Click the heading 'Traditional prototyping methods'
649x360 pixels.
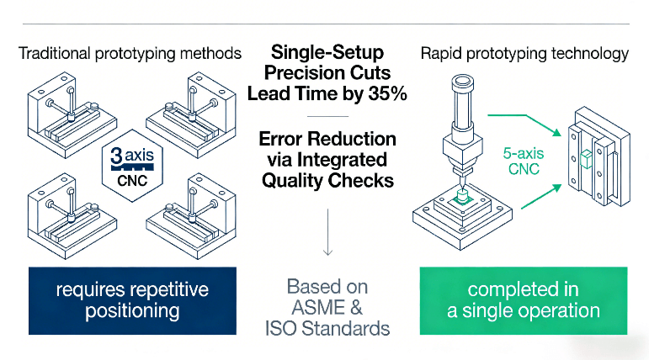(130, 54)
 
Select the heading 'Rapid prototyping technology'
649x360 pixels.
(524, 54)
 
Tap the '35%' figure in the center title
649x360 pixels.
(386, 94)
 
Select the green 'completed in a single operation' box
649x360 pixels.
(524, 300)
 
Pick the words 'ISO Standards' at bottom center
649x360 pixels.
(327, 327)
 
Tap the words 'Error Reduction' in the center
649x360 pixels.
(327, 138)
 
